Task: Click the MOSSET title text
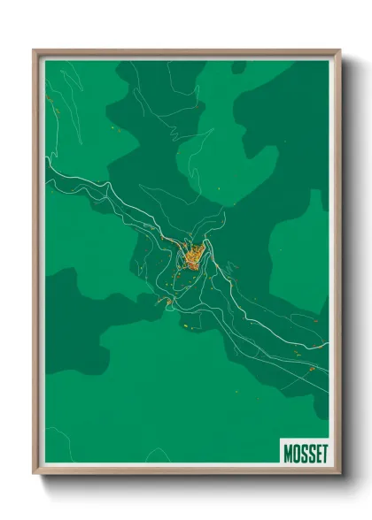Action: tap(304, 452)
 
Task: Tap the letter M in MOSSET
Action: tap(288, 452)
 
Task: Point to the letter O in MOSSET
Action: tap(295, 452)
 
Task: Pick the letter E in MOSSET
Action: tap(314, 452)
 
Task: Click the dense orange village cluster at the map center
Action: tap(194, 256)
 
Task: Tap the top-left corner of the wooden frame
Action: tap(35, 50)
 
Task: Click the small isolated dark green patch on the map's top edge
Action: tap(238, 65)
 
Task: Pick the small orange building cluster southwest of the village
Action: tap(166, 302)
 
